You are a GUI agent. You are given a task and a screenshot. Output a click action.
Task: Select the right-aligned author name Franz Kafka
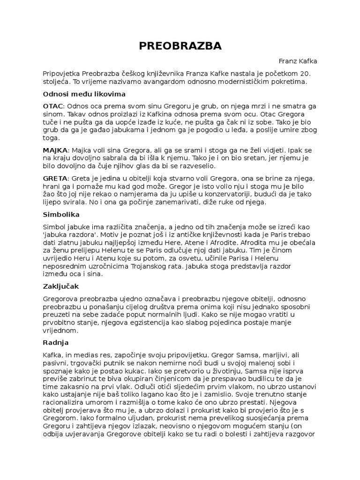tap(298, 61)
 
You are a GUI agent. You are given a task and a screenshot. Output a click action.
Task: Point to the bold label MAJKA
tap(55, 150)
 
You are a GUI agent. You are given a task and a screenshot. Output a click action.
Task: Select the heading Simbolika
tap(60, 214)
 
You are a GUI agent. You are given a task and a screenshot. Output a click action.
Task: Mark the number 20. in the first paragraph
tap(305, 74)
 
